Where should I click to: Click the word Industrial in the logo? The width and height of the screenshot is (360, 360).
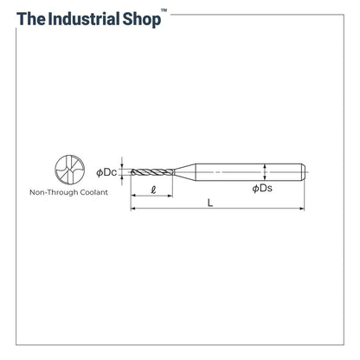pyautogui.click(x=83, y=19)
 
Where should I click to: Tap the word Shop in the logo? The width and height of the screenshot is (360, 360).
pyautogui.click(x=142, y=20)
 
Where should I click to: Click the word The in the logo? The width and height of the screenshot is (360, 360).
pyautogui.click(x=31, y=19)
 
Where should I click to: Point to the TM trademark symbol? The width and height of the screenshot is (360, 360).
pyautogui.click(x=164, y=10)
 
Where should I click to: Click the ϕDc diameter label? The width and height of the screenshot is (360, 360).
pyautogui.click(x=106, y=172)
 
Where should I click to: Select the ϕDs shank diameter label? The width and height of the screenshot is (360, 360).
pyautogui.click(x=262, y=189)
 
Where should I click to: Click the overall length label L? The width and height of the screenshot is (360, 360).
pyautogui.click(x=210, y=202)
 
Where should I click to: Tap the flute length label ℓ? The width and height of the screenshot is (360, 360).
pyautogui.click(x=153, y=190)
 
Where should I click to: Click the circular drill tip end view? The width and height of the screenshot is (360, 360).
pyautogui.click(x=69, y=170)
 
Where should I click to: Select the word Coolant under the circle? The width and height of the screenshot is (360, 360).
pyautogui.click(x=93, y=192)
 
